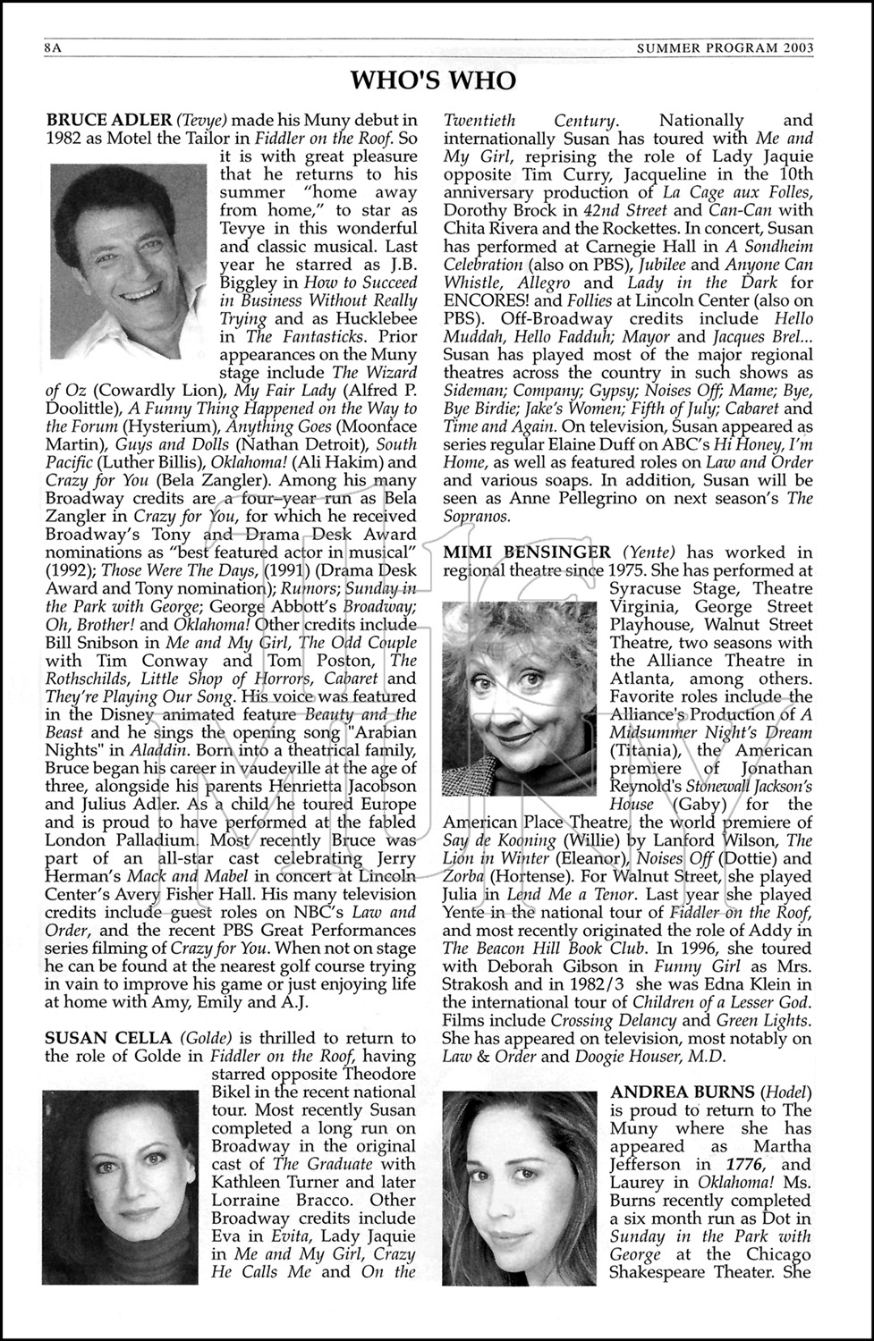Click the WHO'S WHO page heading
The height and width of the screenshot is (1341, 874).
click(x=434, y=81)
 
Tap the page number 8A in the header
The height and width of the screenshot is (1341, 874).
click(x=51, y=48)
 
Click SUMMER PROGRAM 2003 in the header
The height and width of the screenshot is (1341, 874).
click(x=725, y=48)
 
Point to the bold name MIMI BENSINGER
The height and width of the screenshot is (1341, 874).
click(x=527, y=552)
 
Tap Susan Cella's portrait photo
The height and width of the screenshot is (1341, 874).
click(x=120, y=1186)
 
